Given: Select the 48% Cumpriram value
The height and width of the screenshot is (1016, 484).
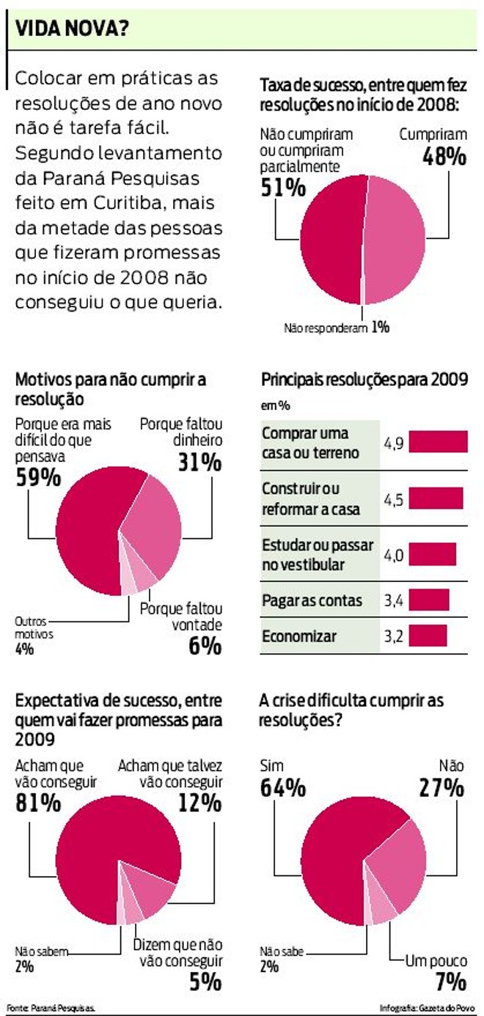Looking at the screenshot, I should [443, 156].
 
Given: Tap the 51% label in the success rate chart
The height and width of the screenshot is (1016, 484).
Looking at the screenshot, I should [282, 188].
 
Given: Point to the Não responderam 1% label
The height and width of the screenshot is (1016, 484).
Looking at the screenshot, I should [336, 328].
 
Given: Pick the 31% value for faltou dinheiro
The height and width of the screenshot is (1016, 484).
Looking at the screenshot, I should [199, 463].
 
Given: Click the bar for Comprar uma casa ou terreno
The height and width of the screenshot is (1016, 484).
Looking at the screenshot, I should [438, 442].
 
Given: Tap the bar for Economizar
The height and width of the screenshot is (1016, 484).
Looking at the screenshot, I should [428, 636].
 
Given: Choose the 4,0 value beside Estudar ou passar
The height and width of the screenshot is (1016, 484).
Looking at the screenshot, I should [394, 555].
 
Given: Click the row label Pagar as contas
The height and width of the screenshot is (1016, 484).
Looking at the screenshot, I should [312, 600].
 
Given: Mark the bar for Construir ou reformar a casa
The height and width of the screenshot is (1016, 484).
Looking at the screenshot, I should [436, 498].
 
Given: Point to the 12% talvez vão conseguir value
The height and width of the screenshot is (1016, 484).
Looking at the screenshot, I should [199, 803].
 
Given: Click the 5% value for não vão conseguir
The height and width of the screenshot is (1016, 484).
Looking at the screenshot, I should [205, 982].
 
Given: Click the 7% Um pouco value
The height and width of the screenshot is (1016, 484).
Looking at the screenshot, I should [449, 982].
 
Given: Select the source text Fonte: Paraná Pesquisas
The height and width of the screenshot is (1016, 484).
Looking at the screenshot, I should [51, 1007].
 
